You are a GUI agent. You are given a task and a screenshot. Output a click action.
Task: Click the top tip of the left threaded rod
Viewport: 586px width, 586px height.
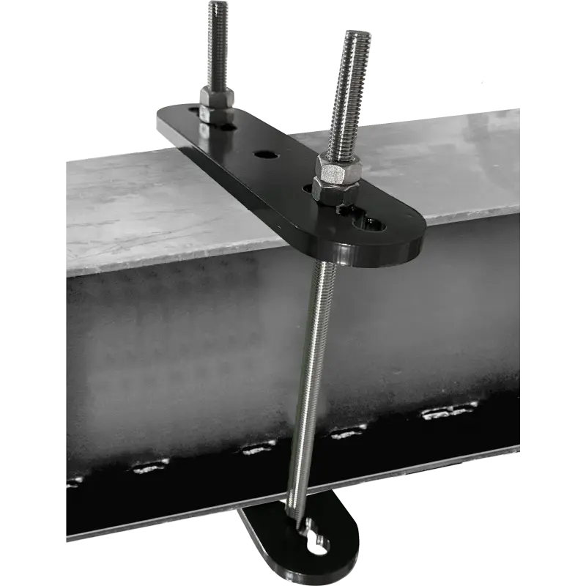click(x=218, y=6)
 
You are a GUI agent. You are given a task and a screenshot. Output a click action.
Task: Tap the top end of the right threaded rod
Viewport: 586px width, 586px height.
click(x=355, y=35)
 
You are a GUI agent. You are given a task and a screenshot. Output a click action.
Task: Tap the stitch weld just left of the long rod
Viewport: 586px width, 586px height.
click(x=259, y=446)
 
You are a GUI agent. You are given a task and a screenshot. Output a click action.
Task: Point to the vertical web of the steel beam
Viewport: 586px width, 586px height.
click(x=183, y=352)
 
